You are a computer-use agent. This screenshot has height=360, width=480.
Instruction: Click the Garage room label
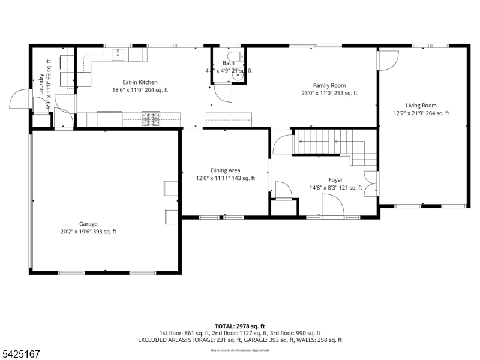tap(88, 224)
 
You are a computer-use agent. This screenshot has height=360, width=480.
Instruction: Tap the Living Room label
tap(421, 106)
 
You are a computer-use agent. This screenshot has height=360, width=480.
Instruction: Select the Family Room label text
tap(329, 86)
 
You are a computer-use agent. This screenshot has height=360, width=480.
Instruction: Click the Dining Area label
tap(225, 170)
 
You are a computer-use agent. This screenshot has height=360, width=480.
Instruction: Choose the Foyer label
tap(335, 180)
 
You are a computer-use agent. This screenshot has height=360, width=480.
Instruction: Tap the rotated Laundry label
tap(41, 85)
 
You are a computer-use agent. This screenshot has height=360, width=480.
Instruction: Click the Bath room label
tap(229, 63)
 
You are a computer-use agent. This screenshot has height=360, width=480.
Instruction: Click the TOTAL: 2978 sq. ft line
tap(239, 326)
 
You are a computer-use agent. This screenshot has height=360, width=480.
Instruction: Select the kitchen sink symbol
tap(119, 55)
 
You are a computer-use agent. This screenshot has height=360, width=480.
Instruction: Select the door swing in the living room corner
tap(388, 59)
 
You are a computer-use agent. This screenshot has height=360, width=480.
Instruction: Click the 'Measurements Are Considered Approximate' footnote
tap(239, 350)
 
